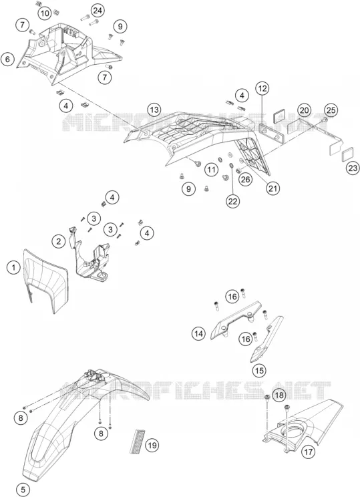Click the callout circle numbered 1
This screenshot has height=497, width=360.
13,267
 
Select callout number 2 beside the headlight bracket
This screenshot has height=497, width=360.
59,242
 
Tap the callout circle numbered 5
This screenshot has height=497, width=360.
23,490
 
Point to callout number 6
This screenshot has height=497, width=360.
7,59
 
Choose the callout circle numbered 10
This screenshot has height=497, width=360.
45,13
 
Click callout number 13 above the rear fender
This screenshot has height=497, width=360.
154,110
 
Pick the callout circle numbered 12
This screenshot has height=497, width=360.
262,88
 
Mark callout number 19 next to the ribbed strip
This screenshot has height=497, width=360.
152,446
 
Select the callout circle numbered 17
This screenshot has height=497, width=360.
308,452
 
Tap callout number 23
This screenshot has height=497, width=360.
353,168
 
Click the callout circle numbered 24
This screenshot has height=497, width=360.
98,11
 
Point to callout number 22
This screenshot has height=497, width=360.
233,201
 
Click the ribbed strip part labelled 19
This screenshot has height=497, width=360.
138,441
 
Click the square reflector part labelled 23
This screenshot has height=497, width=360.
347,154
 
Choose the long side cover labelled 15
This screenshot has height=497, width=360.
267,339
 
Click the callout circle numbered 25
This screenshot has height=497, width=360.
331,110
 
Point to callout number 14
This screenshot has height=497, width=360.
198,333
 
